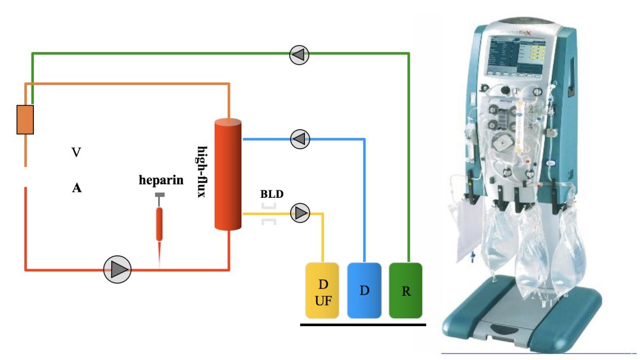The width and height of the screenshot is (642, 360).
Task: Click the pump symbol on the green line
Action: point(299,55)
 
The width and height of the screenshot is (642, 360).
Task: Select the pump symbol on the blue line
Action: point(300,139)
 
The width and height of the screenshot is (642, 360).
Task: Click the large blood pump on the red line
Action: point(117,270)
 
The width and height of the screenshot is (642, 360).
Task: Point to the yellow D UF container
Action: point(322,289)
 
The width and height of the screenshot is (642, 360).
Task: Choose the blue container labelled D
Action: point(364,289)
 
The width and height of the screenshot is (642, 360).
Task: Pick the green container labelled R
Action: point(405,289)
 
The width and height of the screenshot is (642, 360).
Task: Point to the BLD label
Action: point(272,194)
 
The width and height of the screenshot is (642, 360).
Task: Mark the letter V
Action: point(76,153)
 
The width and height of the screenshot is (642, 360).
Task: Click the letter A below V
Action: point(76,188)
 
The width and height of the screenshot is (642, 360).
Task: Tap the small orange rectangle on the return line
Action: point(25,119)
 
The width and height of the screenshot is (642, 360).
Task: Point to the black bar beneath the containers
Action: point(363,324)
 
